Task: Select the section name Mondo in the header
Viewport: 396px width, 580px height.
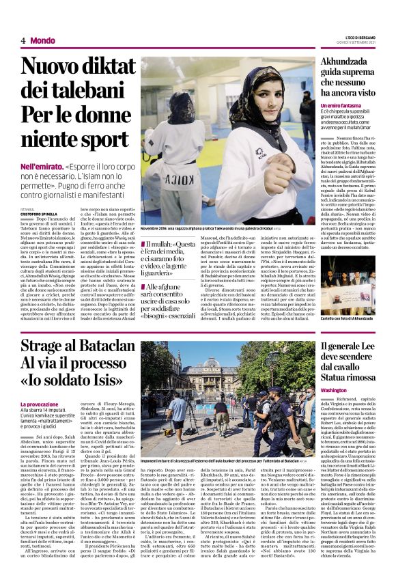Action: (x=43, y=40)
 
